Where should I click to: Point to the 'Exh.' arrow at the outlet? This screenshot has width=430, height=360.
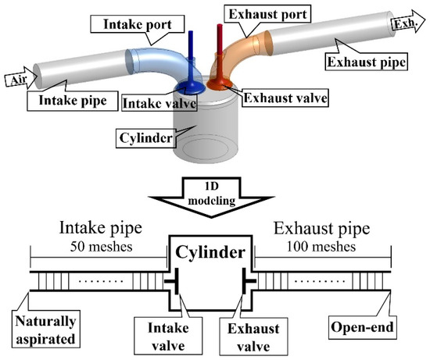click(405, 25)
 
